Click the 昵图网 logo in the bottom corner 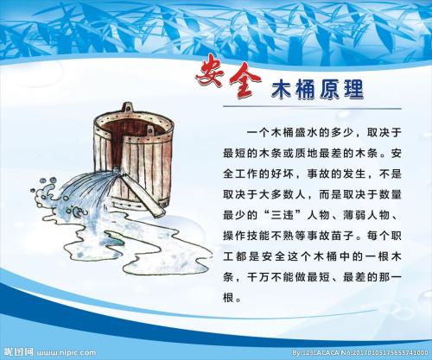pyautogui.click(x=17, y=352)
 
